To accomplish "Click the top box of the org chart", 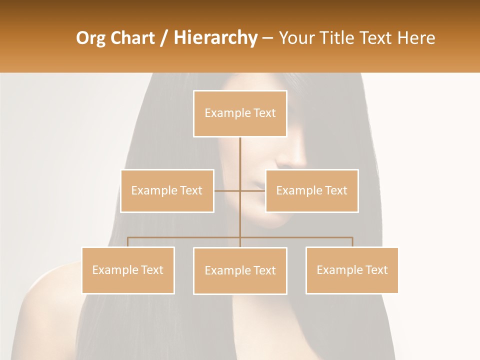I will pyautogui.click(x=240, y=113).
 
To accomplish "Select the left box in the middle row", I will pyautogui.click(x=167, y=190).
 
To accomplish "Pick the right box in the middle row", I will pyautogui.click(x=311, y=190).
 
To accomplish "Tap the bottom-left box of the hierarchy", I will pyautogui.click(x=128, y=270).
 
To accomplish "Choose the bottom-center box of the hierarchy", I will pyautogui.click(x=240, y=270).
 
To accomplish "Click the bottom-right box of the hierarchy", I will pyautogui.click(x=352, y=270).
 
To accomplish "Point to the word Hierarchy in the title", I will pyautogui.click(x=215, y=38).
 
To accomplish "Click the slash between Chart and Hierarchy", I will pyautogui.click(x=163, y=38).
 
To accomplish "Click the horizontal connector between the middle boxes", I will pyautogui.click(x=240, y=190).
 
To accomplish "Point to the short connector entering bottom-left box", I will pyautogui.click(x=128, y=242).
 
